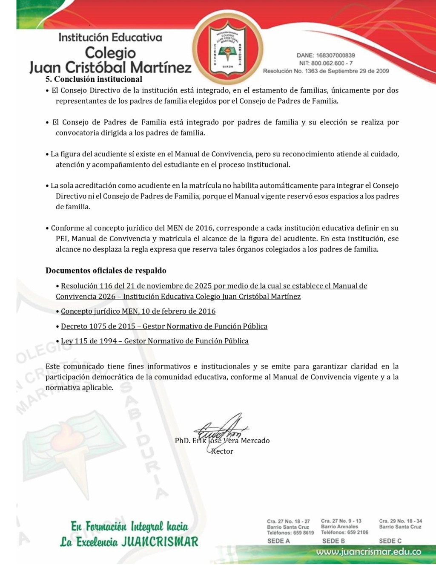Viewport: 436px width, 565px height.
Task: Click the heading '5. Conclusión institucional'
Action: [x=94, y=79]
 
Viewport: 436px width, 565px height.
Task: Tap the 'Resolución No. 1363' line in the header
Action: [x=326, y=71]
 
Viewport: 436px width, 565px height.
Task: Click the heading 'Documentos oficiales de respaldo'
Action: [x=106, y=271]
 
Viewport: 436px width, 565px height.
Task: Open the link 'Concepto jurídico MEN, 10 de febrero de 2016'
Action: [x=138, y=311]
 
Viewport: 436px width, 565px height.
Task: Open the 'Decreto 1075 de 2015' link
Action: [x=164, y=326]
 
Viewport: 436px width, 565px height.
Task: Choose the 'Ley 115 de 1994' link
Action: [x=155, y=341]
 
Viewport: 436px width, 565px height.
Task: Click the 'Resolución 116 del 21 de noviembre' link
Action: [x=214, y=286]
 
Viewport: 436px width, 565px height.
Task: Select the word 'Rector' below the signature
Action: [x=222, y=452]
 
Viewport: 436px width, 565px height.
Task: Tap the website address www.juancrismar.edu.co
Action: [x=369, y=552]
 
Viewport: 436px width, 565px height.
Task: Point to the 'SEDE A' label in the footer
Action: [x=278, y=541]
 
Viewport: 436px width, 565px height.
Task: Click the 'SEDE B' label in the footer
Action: [x=333, y=541]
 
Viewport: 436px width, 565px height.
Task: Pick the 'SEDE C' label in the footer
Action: [x=390, y=541]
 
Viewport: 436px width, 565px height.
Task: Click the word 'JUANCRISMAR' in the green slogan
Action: [x=160, y=542]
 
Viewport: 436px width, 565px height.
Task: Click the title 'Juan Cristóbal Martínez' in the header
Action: [x=110, y=67]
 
